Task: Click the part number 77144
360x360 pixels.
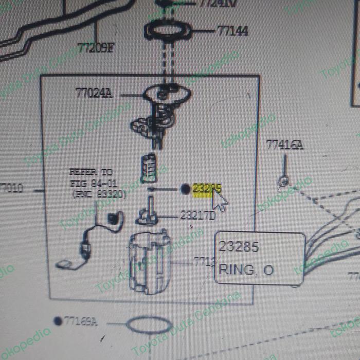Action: coord(232,31)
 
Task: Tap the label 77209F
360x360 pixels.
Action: coord(96,48)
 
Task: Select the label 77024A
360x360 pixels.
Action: coord(93,93)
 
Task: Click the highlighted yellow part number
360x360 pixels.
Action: coord(206,189)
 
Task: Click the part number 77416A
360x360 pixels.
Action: coord(284,145)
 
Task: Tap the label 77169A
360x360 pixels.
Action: coord(80,322)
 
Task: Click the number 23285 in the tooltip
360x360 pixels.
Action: coord(239,247)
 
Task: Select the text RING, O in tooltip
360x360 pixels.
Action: coord(246,269)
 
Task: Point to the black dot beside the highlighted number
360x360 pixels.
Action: coord(186,189)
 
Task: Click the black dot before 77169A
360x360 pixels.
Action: coord(58,321)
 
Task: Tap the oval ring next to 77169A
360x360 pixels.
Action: coord(149,325)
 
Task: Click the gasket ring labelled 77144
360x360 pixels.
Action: coord(168,31)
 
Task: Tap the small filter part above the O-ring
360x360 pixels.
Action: coord(148,167)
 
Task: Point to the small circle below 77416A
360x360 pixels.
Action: coord(283,181)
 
